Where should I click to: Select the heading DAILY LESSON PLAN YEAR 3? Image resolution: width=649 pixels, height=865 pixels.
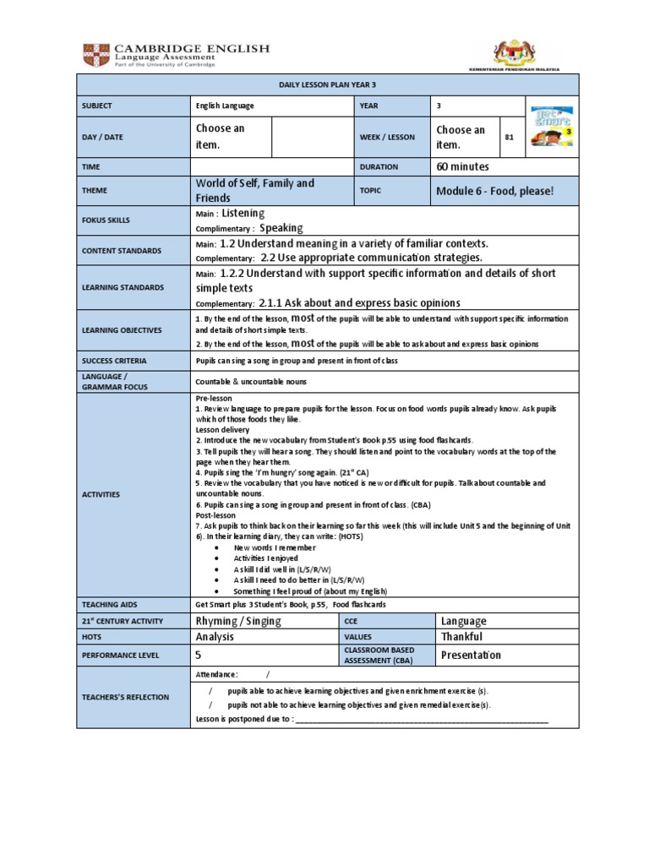coord(327,84)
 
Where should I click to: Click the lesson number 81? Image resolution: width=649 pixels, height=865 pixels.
coord(510,137)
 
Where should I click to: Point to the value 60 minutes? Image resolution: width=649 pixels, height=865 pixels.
coord(462,167)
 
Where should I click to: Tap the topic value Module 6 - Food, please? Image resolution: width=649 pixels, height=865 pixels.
coord(494,191)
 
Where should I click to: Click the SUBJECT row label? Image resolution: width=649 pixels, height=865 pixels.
coord(97,106)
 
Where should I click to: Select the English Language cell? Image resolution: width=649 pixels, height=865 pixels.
coord(225,106)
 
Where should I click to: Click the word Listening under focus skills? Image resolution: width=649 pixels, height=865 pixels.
coord(243,213)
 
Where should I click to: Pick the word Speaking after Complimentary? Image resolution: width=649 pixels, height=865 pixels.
coord(281,228)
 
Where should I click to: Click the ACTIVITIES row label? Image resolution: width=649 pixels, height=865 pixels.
coord(101,494)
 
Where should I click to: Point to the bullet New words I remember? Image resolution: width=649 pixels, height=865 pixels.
coord(274,547)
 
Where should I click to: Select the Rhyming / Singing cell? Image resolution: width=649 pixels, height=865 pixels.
coord(237,621)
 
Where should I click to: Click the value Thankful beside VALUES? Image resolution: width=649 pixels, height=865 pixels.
coord(461,637)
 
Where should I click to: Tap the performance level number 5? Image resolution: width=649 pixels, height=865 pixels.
coord(199,655)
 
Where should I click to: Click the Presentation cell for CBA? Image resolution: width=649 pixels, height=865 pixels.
coord(471,655)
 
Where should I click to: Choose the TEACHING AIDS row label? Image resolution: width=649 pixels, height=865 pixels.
coord(109,605)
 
